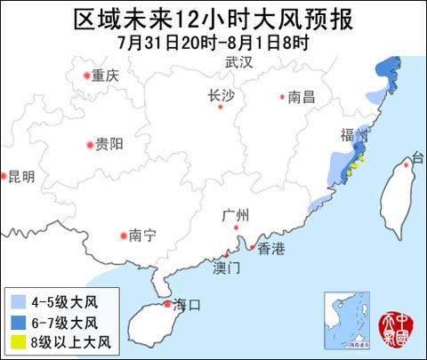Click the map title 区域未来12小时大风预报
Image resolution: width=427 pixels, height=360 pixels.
pos(213,19)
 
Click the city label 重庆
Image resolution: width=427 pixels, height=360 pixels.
pos(105,76)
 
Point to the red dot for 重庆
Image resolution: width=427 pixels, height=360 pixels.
pos(87,76)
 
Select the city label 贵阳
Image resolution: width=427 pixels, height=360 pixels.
pos(109,144)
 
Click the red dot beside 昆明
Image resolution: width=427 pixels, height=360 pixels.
pos(3,176)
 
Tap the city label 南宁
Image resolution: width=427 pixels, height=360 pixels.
pos(142,236)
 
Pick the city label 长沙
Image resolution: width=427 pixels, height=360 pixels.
pos(221,96)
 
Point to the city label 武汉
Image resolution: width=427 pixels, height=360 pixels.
pos(239,62)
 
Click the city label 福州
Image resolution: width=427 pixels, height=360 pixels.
pos(353,134)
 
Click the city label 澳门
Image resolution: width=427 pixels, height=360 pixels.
pos(228,267)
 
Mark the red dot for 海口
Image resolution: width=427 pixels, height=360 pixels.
pos(166,305)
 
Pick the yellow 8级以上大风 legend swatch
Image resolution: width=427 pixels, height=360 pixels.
pos(19,341)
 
